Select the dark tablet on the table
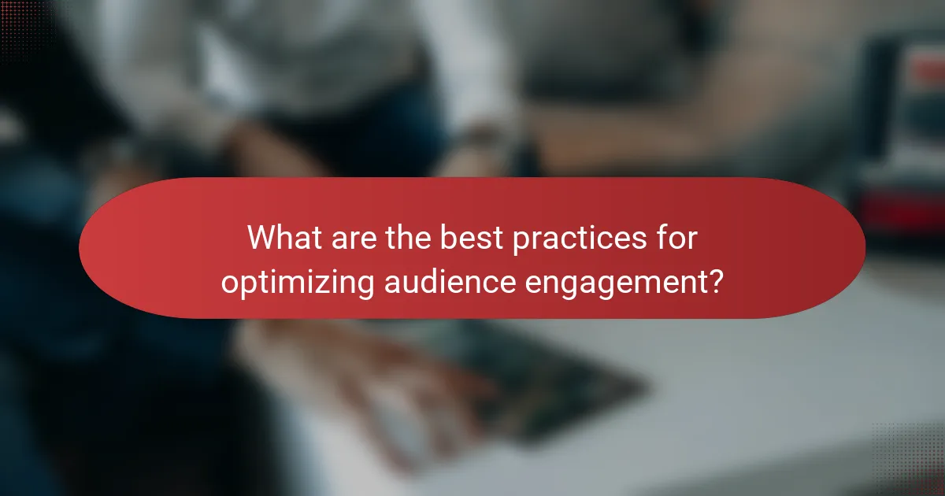[551, 378]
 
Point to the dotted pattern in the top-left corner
[24, 24]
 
